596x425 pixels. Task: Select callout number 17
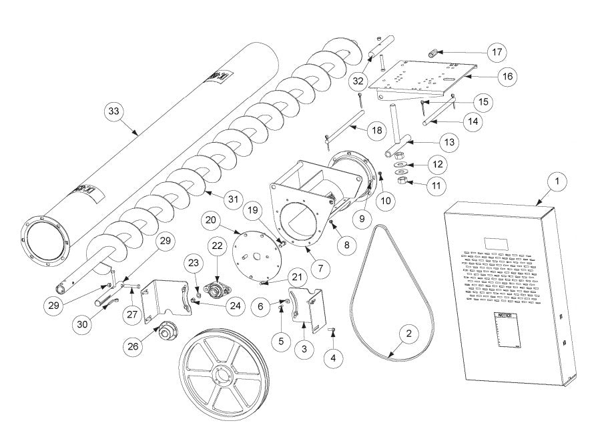(x=496, y=52)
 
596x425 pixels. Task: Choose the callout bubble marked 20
(x=212, y=220)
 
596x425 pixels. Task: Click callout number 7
(x=319, y=268)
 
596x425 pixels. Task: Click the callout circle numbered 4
(x=332, y=358)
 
